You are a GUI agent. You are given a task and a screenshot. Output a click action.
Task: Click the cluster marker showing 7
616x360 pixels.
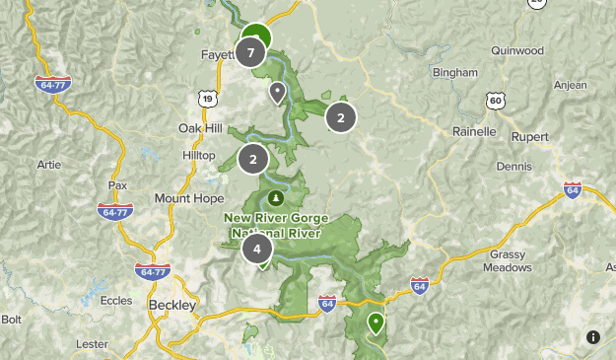point(251,52)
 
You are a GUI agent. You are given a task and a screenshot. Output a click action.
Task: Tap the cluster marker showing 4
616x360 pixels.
point(257,249)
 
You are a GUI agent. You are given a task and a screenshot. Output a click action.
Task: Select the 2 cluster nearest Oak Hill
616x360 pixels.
point(253,158)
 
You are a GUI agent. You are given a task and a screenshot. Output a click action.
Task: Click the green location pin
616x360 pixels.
point(376,323)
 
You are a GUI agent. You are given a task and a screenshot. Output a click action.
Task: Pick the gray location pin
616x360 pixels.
point(278,93)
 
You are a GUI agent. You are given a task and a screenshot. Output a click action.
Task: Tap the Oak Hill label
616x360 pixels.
point(200,128)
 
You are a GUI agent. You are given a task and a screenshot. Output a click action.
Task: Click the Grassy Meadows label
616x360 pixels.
point(510,260)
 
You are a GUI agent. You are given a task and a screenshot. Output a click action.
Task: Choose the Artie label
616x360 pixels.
point(48,164)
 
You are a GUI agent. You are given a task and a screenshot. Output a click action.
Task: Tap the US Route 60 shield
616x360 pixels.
point(496,101)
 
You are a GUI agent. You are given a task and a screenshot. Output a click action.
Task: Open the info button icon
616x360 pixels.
point(592,337)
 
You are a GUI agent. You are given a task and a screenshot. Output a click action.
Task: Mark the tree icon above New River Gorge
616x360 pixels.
point(276,197)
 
